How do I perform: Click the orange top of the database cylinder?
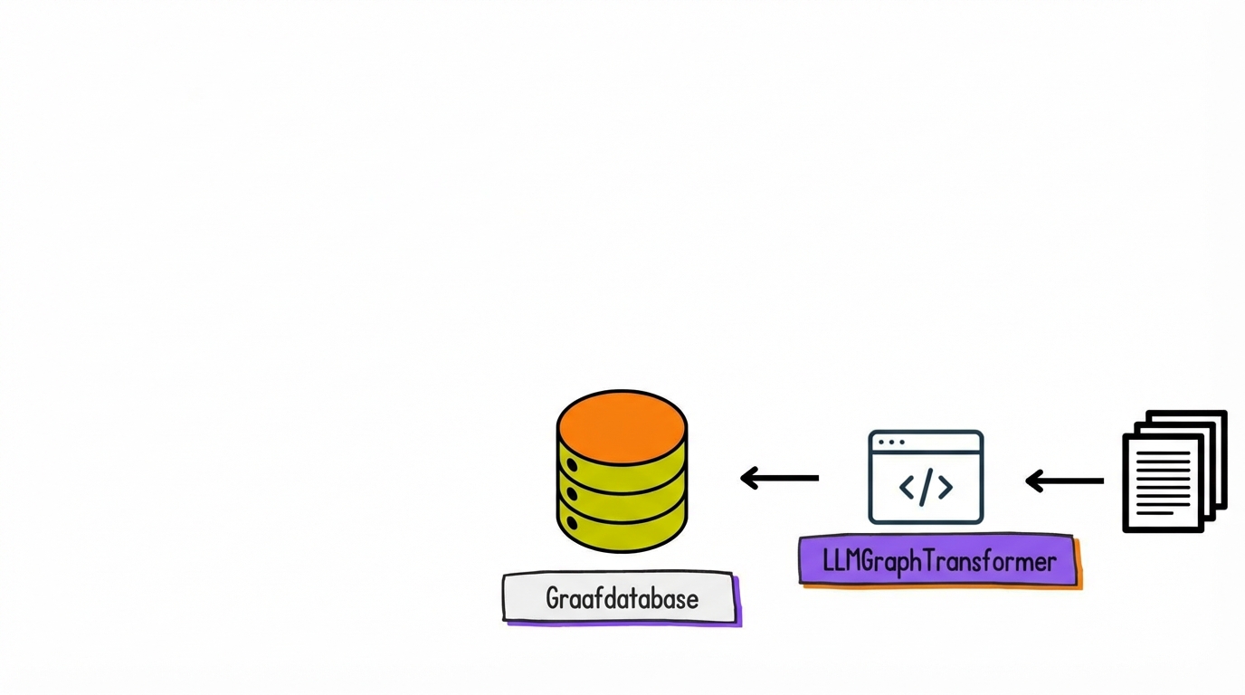[x=622, y=426]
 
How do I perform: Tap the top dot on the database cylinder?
[x=572, y=465]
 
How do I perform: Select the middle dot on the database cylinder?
[x=572, y=495]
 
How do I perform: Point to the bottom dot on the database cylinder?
[x=572, y=523]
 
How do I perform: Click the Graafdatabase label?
[x=621, y=598]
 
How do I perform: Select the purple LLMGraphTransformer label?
[x=938, y=561]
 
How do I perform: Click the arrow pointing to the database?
[x=779, y=478]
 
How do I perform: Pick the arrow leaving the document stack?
[x=1064, y=481]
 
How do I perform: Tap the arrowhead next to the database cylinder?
[x=748, y=478]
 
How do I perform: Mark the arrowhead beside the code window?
[x=1033, y=481]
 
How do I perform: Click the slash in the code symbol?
[x=926, y=487]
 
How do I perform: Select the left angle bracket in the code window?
[x=907, y=488]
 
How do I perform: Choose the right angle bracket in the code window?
[x=945, y=488]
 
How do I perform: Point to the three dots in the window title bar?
[x=891, y=443]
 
